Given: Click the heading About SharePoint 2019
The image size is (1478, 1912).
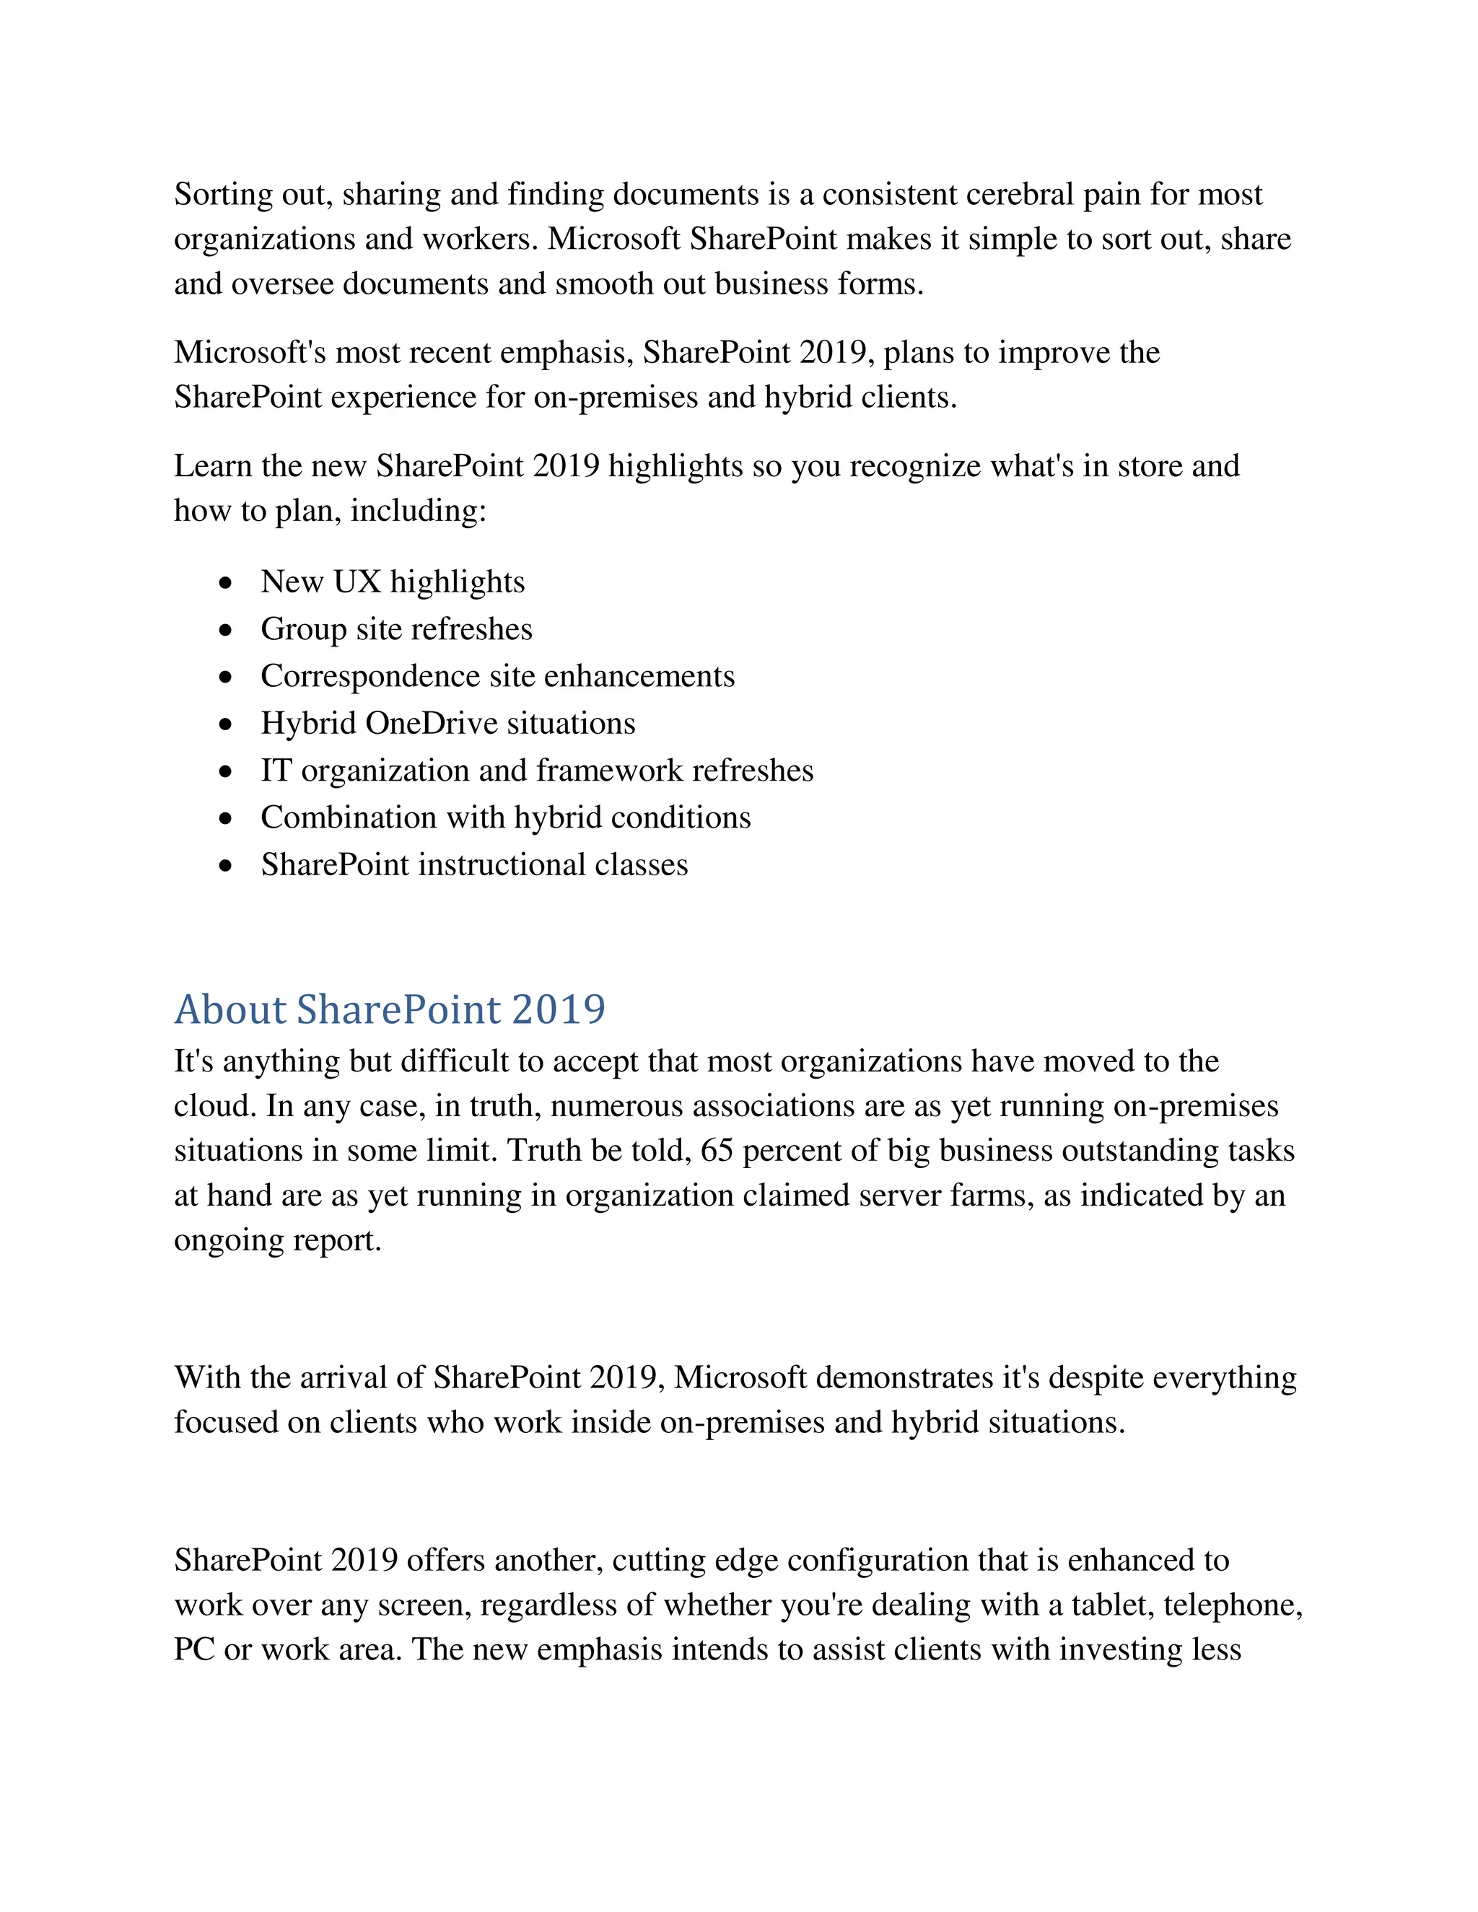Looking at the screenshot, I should point(390,1009).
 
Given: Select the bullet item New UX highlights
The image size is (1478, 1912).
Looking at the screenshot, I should point(393,582).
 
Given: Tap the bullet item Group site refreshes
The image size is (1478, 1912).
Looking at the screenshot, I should point(395,628).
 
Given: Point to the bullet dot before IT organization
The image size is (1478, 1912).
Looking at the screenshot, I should point(227,771).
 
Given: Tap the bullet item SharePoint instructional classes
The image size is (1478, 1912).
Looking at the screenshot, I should point(473,865).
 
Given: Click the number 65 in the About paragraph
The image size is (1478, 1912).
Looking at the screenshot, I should point(716,1150).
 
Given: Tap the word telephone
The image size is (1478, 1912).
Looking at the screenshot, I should point(1231,1605).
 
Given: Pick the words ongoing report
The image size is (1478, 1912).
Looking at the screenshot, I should point(278,1240).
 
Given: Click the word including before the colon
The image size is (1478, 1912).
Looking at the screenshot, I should point(414,510).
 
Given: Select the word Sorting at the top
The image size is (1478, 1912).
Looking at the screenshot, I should point(223,193).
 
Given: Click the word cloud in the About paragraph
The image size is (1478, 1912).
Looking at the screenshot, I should point(214,1105).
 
